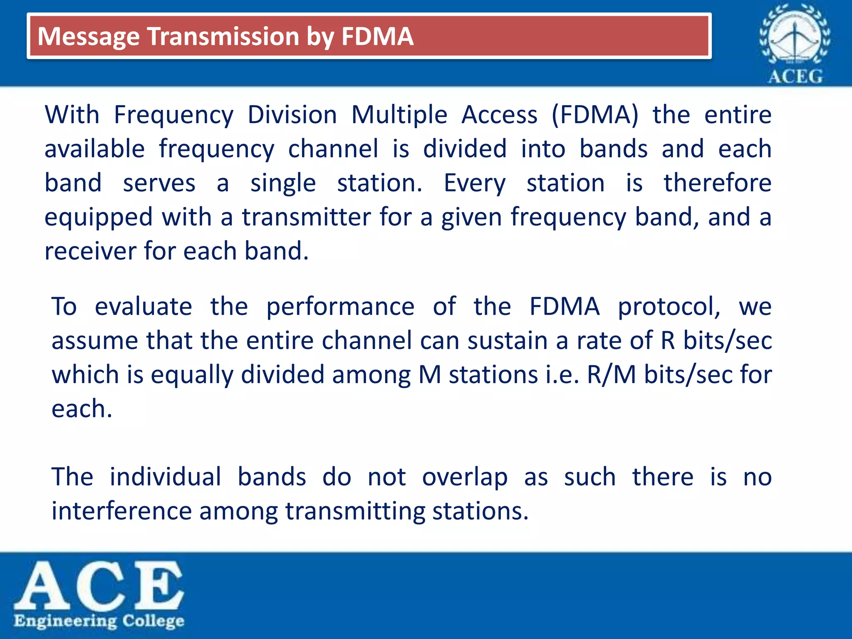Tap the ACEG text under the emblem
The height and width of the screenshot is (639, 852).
point(795,77)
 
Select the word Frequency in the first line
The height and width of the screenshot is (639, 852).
point(173,115)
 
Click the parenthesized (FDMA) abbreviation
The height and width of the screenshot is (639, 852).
point(595,115)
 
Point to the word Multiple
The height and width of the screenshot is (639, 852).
point(399,115)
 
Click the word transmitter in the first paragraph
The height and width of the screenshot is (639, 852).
point(307,218)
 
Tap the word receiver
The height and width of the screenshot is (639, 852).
point(90,252)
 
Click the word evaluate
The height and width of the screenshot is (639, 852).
point(143,307)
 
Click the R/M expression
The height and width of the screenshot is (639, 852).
point(611,375)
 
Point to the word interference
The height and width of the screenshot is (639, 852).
point(121,511)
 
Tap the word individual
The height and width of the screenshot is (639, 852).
point(165,477)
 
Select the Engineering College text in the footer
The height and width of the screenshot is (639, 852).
point(99,621)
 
